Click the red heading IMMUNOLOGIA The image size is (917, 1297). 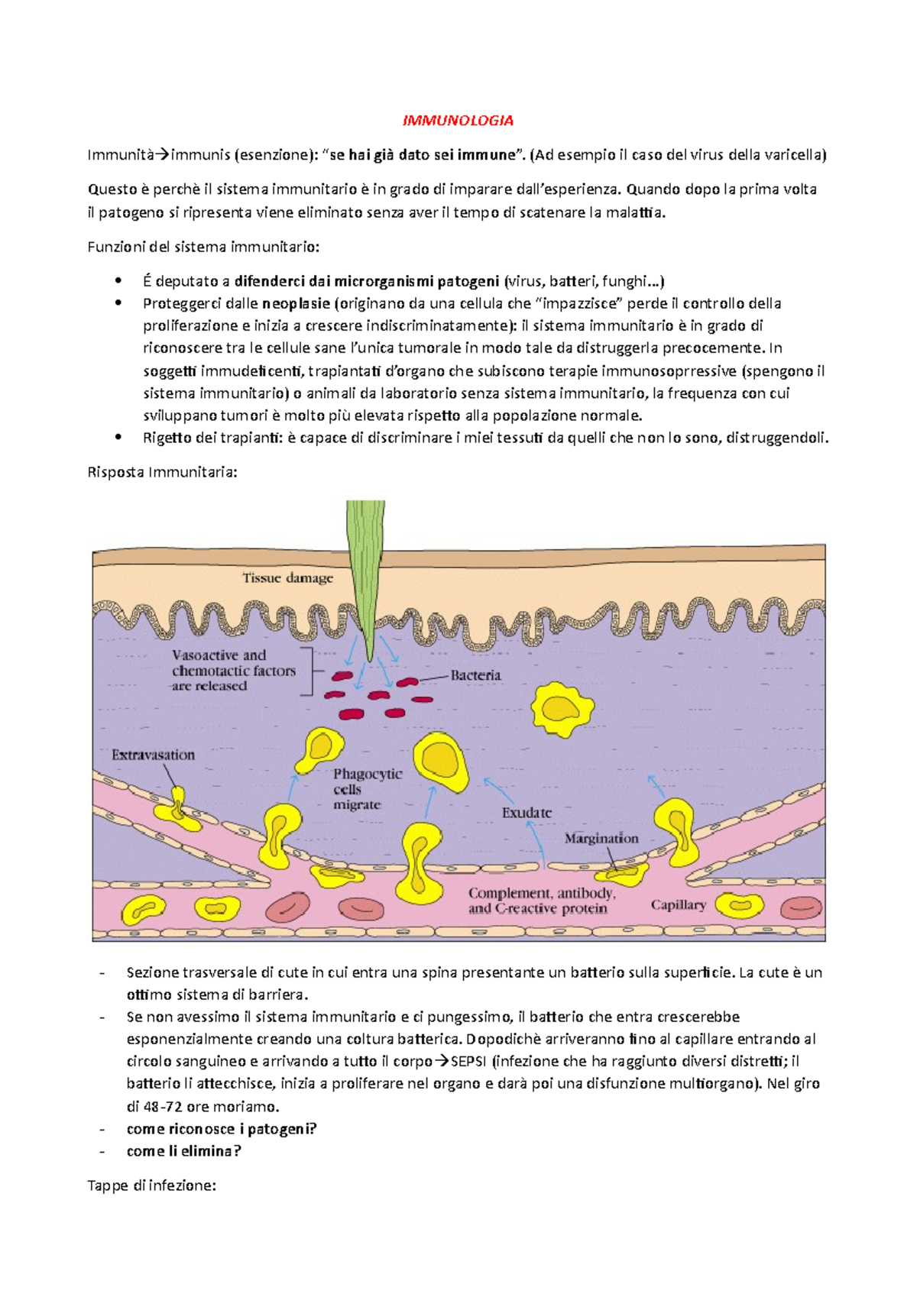pyautogui.click(x=458, y=121)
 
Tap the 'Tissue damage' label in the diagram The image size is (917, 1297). pyautogui.click(x=287, y=578)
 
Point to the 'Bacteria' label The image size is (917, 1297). pyautogui.click(x=475, y=675)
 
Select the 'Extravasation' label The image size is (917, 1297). pyautogui.click(x=153, y=755)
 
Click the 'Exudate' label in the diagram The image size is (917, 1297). pyautogui.click(x=527, y=813)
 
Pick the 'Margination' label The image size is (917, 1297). pyautogui.click(x=601, y=838)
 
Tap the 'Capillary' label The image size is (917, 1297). pyautogui.click(x=678, y=905)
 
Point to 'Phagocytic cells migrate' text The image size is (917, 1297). pyautogui.click(x=367, y=789)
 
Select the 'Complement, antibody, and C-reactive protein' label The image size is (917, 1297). pyautogui.click(x=542, y=901)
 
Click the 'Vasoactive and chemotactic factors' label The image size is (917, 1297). pyautogui.click(x=233, y=671)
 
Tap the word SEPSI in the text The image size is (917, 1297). pyautogui.click(x=468, y=1061)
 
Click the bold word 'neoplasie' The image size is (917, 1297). pyautogui.click(x=296, y=303)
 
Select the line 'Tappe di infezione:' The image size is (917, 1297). pyautogui.click(x=152, y=1185)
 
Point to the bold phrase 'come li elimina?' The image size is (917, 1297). pyautogui.click(x=183, y=1151)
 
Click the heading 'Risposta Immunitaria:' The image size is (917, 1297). pyautogui.click(x=162, y=472)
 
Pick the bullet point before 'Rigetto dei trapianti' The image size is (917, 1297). pyautogui.click(x=118, y=438)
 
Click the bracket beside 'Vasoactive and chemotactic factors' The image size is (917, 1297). pyautogui.click(x=308, y=671)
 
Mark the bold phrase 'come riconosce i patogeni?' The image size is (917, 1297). pyautogui.click(x=221, y=1129)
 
